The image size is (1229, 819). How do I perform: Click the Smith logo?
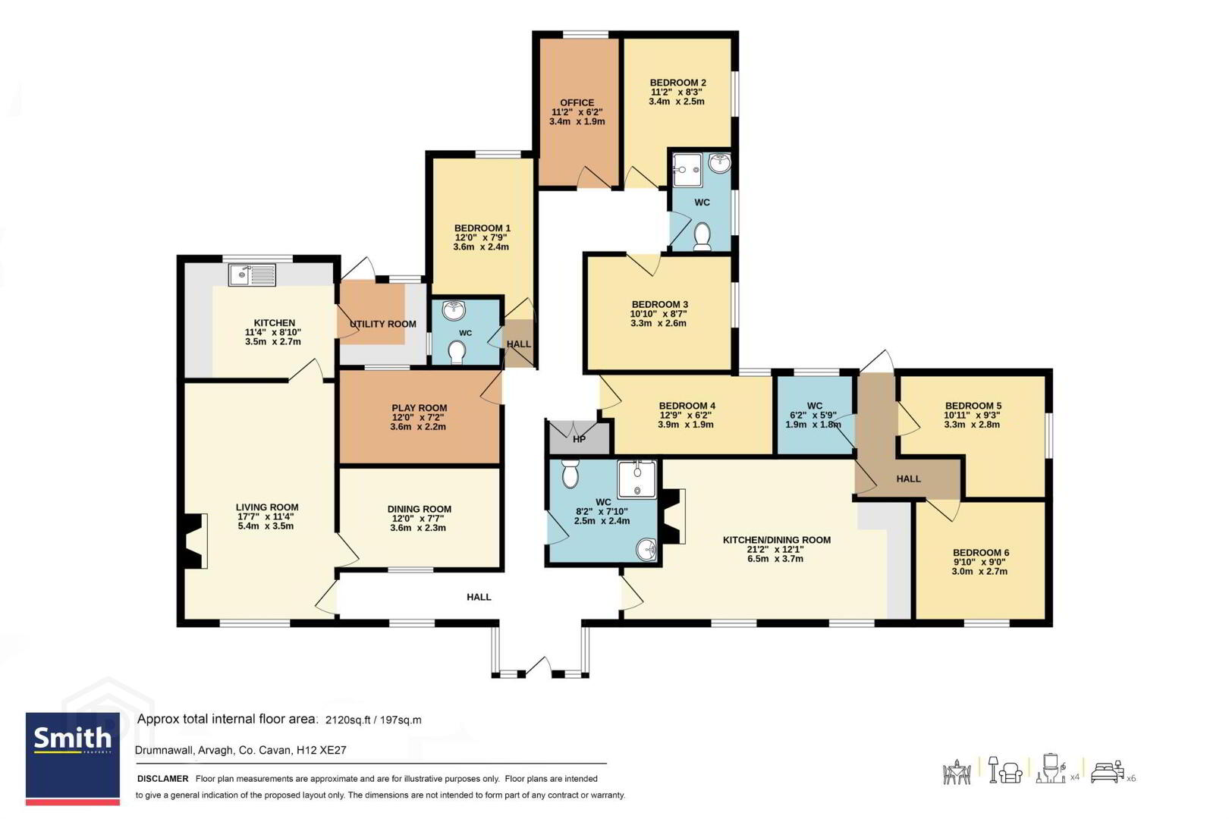[72, 758]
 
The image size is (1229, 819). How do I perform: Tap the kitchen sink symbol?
[252, 275]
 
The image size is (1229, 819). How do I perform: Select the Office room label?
[577, 102]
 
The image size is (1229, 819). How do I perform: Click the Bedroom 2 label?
[677, 83]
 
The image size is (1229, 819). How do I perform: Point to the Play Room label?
[420, 408]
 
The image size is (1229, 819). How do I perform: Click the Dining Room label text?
[420, 509]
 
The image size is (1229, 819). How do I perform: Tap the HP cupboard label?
[579, 439]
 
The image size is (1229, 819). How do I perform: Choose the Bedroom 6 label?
[980, 552]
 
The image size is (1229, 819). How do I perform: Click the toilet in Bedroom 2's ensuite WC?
[703, 237]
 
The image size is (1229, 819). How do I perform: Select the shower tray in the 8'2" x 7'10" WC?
[637, 479]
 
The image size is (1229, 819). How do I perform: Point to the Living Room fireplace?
[195, 541]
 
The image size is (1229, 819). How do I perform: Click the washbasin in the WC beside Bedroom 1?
[454, 310]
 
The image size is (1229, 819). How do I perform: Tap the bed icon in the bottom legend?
[1107, 773]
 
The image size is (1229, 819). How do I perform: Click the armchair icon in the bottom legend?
[1011, 773]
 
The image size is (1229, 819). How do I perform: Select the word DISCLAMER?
[163, 778]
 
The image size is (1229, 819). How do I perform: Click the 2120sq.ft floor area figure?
[348, 720]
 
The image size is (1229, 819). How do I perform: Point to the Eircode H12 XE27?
[322, 750]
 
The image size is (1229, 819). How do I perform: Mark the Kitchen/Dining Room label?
[776, 540]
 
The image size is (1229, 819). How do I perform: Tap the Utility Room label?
[383, 325]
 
